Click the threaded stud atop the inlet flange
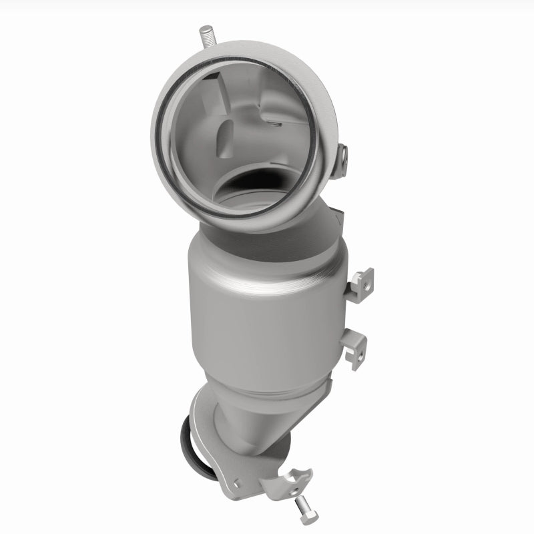[206, 36]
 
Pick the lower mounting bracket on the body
[356, 343]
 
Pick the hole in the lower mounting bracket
[360, 344]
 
